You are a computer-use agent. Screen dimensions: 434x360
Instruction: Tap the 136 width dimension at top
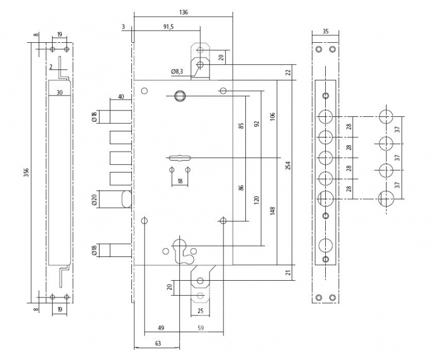click(183, 12)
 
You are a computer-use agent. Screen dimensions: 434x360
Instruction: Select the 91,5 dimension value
click(168, 27)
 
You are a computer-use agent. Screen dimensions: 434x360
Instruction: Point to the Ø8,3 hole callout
click(177, 72)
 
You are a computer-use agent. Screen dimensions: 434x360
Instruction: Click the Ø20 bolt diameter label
click(94, 199)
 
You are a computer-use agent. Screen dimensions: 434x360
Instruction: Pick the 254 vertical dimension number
click(288, 166)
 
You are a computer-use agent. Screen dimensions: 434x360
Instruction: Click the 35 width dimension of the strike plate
click(325, 31)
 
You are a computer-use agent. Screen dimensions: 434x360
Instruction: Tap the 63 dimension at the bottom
click(158, 343)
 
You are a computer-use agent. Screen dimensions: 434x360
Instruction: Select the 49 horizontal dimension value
click(161, 328)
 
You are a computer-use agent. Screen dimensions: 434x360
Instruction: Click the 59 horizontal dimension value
click(201, 328)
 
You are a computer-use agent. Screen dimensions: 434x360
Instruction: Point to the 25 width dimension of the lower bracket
click(200, 311)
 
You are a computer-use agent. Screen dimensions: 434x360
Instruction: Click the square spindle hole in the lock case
click(178, 96)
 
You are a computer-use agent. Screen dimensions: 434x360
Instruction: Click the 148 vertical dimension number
click(273, 211)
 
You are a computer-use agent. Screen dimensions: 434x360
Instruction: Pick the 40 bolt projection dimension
click(121, 97)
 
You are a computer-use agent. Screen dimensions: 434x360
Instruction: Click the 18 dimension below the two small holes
click(180, 181)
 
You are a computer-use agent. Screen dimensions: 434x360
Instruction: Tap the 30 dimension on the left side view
click(60, 93)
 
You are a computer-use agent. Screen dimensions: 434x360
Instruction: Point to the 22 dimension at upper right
click(288, 72)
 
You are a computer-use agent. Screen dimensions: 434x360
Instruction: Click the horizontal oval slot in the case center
click(179, 158)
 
